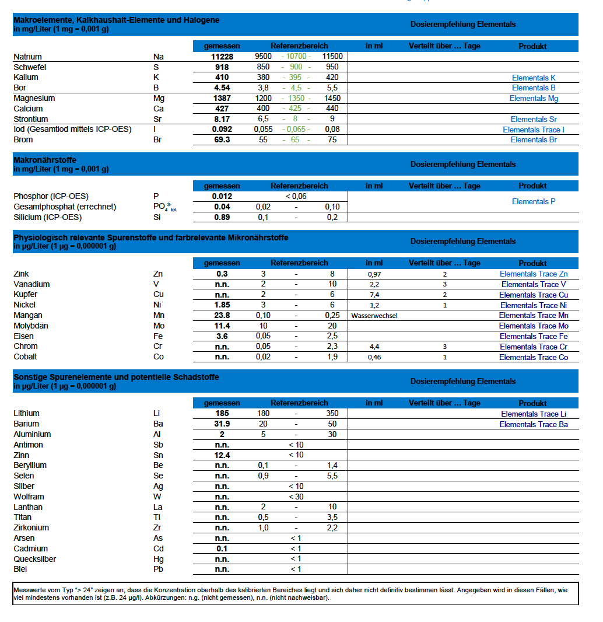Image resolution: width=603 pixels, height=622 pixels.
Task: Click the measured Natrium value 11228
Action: pyautogui.click(x=222, y=57)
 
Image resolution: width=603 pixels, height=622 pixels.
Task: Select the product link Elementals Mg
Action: pyautogui.click(x=534, y=99)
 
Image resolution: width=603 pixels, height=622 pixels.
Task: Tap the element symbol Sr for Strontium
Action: pyautogui.click(x=157, y=119)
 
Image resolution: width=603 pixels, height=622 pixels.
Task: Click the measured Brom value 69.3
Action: pyautogui.click(x=222, y=140)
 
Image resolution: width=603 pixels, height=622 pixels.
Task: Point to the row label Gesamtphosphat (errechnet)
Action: pyautogui.click(x=65, y=207)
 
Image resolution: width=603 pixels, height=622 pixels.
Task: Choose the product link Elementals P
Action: pyautogui.click(x=534, y=201)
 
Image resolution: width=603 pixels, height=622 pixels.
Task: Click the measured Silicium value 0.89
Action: pyautogui.click(x=222, y=217)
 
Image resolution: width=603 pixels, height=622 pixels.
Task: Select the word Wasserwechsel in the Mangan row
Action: pyautogui.click(x=374, y=316)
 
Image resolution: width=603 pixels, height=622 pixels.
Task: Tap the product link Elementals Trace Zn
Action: pyautogui.click(x=534, y=274)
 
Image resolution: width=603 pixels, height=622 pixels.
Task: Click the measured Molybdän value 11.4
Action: pyautogui.click(x=222, y=326)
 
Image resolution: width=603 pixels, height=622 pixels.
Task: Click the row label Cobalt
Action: pyautogui.click(x=25, y=357)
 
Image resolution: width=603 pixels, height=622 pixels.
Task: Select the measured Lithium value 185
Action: pyautogui.click(x=222, y=414)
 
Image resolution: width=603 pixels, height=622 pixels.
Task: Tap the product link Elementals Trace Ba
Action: pyautogui.click(x=534, y=424)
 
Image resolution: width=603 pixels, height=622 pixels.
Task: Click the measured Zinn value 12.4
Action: pyautogui.click(x=222, y=455)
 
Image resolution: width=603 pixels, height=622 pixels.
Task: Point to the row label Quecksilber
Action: pyautogui.click(x=34, y=559)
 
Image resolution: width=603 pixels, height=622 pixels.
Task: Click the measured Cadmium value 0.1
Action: pyautogui.click(x=222, y=548)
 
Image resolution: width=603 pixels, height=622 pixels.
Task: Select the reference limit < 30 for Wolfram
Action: pyautogui.click(x=296, y=497)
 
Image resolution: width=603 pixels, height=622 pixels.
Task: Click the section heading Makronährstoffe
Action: pyautogui.click(x=45, y=160)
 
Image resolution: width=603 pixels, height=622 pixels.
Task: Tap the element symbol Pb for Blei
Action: pyautogui.click(x=158, y=569)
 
